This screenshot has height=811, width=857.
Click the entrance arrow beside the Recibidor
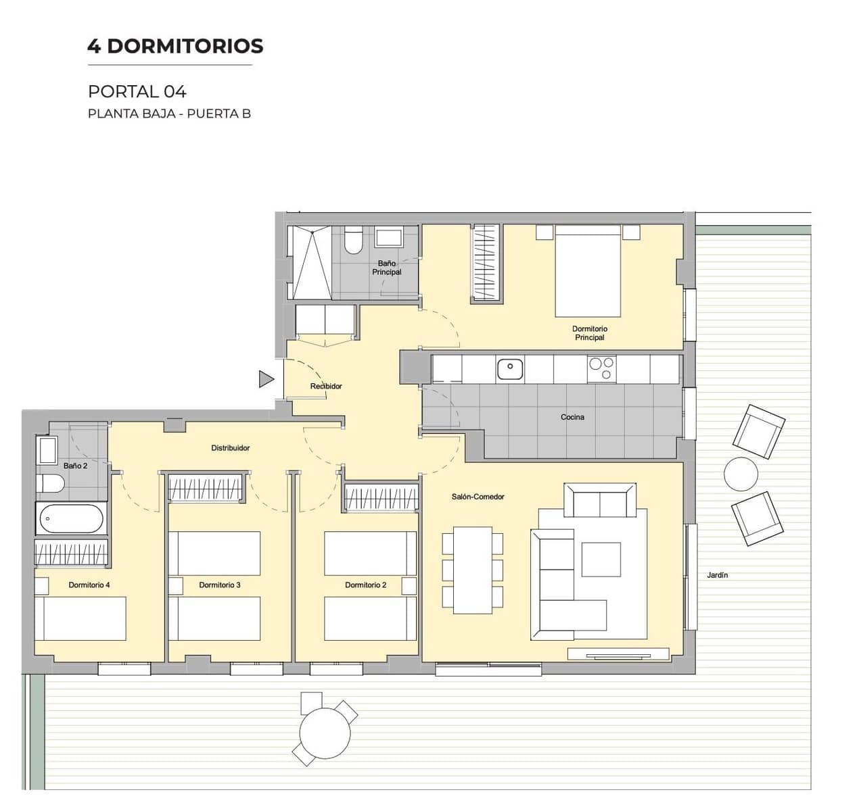[266, 379]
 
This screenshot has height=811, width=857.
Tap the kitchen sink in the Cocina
[510, 369]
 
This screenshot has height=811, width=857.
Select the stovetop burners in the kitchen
[601, 369]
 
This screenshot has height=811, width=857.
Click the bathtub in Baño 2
[71, 519]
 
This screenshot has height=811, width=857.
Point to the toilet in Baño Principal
[354, 241]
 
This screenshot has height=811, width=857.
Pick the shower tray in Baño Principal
[310, 262]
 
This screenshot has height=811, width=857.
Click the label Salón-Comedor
[478, 497]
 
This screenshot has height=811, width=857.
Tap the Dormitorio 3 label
[219, 585]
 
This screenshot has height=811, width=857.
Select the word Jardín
[717, 575]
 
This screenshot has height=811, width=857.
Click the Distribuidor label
[230, 448]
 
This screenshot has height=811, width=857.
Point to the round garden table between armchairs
[741, 474]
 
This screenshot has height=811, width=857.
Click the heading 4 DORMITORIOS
[175, 46]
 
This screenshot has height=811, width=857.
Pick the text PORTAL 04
[137, 91]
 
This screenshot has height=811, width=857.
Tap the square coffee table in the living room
[601, 559]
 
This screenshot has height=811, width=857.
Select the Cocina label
[572, 417]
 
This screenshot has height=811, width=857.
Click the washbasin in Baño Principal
[388, 238]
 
